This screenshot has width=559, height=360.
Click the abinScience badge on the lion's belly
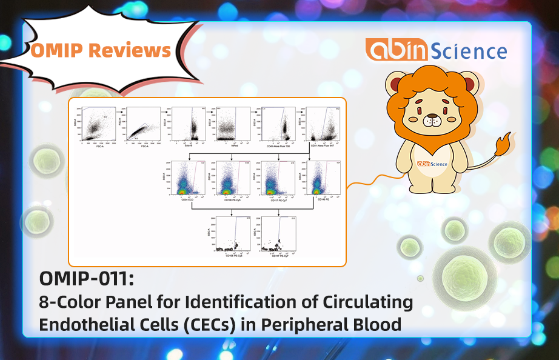432,164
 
